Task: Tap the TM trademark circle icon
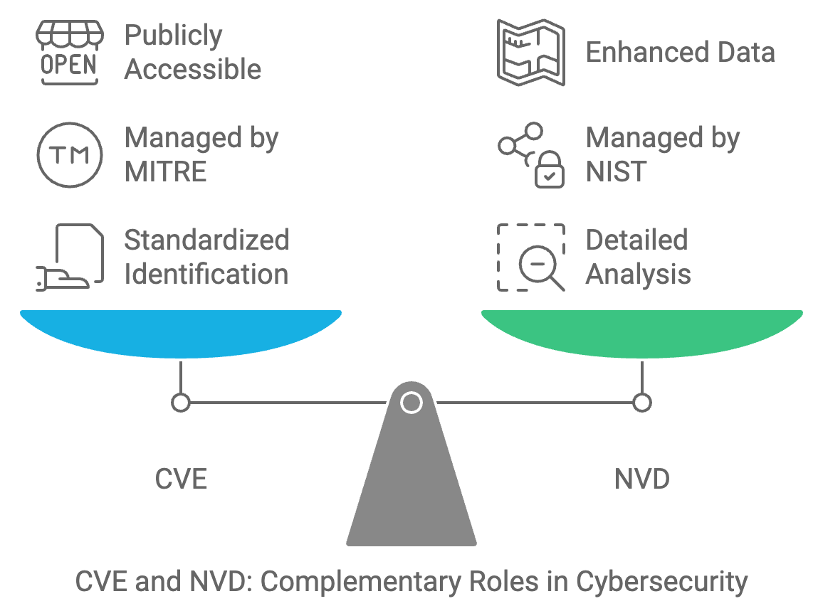(x=69, y=155)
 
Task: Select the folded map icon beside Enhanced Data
(x=530, y=53)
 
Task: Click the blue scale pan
(x=181, y=332)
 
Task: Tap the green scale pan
(x=642, y=332)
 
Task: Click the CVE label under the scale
(x=181, y=479)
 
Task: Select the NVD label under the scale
(x=642, y=479)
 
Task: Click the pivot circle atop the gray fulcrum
(x=411, y=403)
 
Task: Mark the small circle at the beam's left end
(x=181, y=403)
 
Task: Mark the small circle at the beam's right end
(x=642, y=403)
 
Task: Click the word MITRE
(x=165, y=172)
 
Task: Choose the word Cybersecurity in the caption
(x=662, y=582)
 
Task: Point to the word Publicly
(x=173, y=36)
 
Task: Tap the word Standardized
(x=206, y=240)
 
